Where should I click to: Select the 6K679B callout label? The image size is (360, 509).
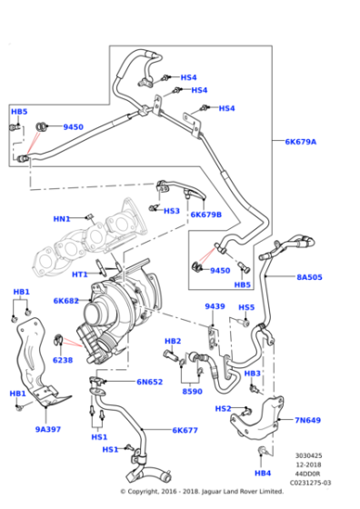point(205,215)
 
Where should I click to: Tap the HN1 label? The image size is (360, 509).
point(62,218)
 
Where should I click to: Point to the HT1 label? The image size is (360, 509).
point(80,274)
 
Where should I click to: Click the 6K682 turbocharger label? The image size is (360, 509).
point(66,301)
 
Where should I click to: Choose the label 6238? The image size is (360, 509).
point(63,360)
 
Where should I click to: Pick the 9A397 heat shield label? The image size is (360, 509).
point(48,429)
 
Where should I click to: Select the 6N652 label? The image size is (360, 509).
point(150,382)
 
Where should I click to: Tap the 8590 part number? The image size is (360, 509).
point(192,391)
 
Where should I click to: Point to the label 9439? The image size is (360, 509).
point(215,306)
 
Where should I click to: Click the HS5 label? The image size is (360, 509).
point(246,307)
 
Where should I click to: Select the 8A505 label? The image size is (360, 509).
point(310,278)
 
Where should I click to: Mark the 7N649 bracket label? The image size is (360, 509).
point(307,420)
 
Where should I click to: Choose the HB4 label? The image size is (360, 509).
point(263,474)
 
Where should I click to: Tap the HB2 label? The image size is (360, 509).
point(173,341)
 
